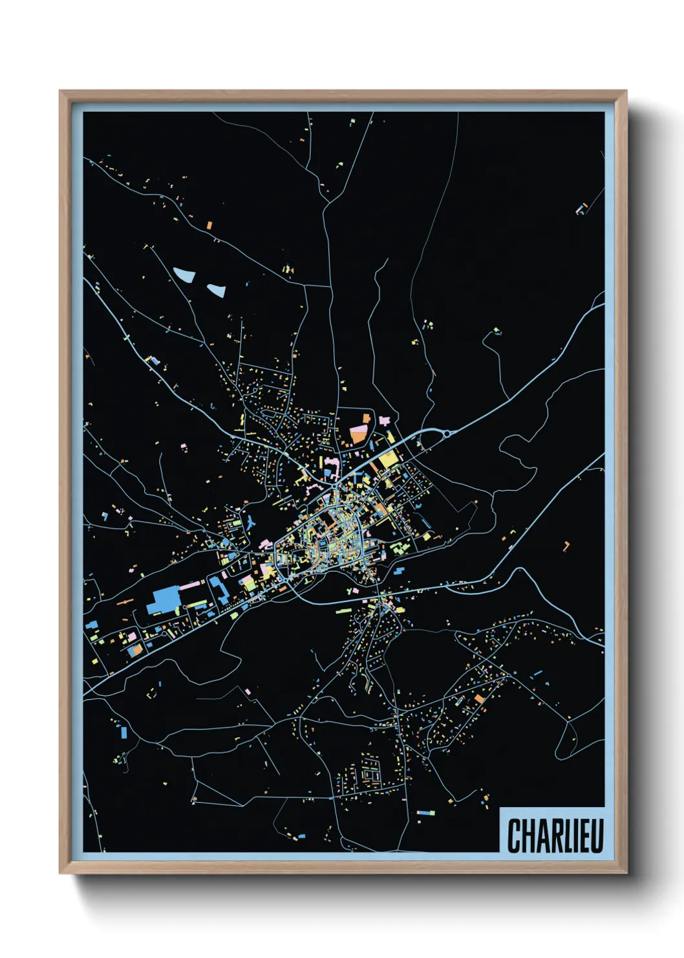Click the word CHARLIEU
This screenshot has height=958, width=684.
pyautogui.click(x=555, y=836)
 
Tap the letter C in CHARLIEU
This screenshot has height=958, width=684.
pyautogui.click(x=513, y=836)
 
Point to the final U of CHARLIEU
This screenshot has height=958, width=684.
pyautogui.click(x=597, y=836)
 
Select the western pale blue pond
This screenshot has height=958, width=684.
pyautogui.click(x=184, y=274)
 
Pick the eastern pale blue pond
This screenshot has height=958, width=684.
pyautogui.click(x=215, y=290)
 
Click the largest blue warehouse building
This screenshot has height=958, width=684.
pyautogui.click(x=163, y=600)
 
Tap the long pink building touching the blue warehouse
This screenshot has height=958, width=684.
pyautogui.click(x=191, y=585)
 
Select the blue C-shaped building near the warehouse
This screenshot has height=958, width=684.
pyautogui.click(x=217, y=590)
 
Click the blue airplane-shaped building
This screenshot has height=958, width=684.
pyautogui.click(x=250, y=521)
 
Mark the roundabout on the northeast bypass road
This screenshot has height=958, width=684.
pyautogui.click(x=445, y=433)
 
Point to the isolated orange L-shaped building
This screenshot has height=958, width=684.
pyautogui.click(x=566, y=546)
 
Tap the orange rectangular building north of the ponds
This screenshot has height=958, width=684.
pyautogui.click(x=209, y=225)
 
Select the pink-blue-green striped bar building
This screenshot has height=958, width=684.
pyautogui.click(x=425, y=812)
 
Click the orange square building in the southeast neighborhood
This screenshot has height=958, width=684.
pyautogui.click(x=479, y=698)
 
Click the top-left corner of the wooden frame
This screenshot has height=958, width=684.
pyautogui.click(x=61, y=92)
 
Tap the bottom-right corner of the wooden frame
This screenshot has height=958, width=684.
pyautogui.click(x=626, y=873)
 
